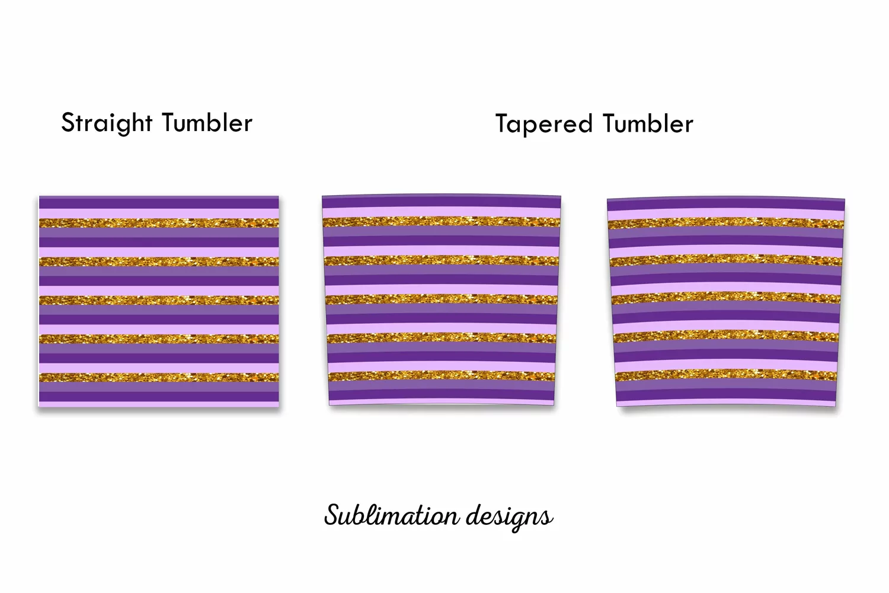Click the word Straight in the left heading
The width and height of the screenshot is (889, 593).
(x=107, y=122)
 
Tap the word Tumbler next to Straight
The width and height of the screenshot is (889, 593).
(x=207, y=122)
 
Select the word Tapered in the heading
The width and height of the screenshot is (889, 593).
(x=543, y=123)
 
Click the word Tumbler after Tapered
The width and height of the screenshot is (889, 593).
(x=648, y=123)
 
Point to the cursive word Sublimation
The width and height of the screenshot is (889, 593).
(x=392, y=515)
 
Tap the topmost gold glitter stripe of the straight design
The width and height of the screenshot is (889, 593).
(x=159, y=223)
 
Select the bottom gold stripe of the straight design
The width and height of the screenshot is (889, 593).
(x=159, y=377)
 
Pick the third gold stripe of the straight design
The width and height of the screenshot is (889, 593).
(x=159, y=300)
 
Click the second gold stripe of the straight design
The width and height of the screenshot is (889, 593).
(x=159, y=262)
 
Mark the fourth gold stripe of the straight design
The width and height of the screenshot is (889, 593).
(x=159, y=339)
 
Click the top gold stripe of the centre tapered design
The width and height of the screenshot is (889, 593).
(x=442, y=221)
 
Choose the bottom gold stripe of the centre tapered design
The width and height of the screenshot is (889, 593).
(x=442, y=375)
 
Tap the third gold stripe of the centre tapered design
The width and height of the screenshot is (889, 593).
(x=442, y=299)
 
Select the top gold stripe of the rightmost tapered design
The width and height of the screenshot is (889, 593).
(x=726, y=223)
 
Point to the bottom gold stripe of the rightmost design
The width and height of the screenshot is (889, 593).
(x=726, y=375)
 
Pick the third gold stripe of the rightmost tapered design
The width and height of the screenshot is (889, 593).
(x=726, y=298)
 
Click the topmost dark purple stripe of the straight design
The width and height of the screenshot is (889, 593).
(x=159, y=203)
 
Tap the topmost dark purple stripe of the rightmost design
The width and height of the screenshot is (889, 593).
(x=726, y=204)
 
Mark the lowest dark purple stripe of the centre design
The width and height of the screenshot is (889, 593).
(x=442, y=394)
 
